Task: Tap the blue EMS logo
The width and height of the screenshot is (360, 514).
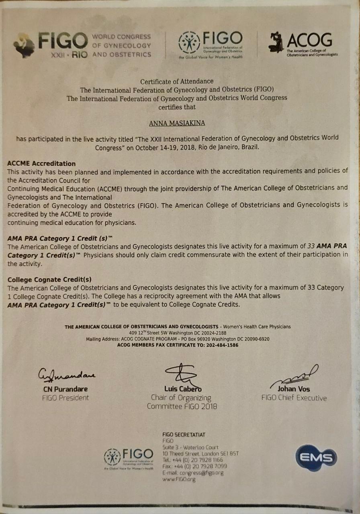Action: [x=316, y=457]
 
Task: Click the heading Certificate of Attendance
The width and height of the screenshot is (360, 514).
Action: [x=177, y=81]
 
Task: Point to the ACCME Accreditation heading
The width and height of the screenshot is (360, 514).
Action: [x=41, y=163]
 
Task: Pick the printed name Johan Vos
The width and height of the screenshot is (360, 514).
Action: [x=294, y=389]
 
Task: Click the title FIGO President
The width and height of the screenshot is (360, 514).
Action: [x=65, y=398]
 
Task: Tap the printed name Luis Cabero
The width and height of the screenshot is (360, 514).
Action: [x=183, y=389]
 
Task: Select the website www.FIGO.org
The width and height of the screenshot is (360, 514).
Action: [x=179, y=479]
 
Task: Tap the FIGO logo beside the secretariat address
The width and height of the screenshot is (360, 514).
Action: [x=129, y=458]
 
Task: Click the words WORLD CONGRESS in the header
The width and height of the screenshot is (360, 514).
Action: [x=122, y=37]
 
